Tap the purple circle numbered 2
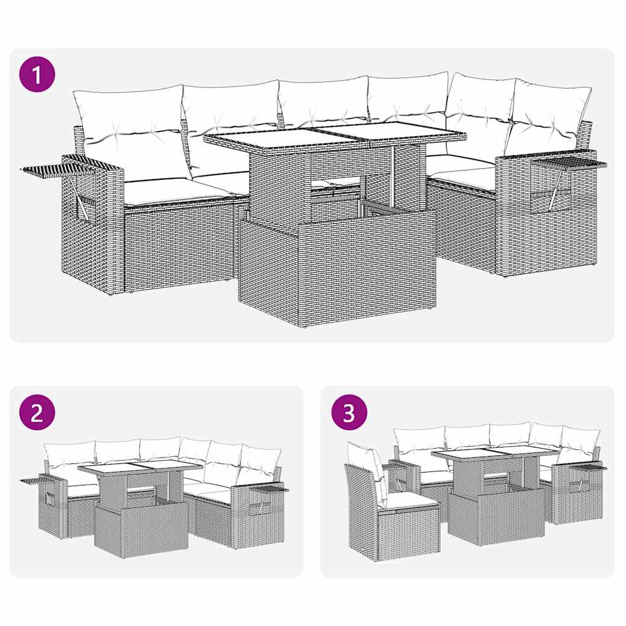[x=37, y=413]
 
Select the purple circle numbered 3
[x=349, y=413]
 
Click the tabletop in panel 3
[x=494, y=453]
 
